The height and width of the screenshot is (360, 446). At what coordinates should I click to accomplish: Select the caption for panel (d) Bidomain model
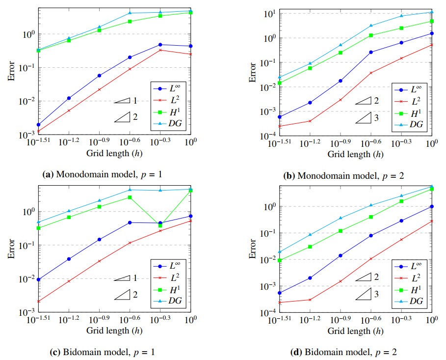coord(344,352)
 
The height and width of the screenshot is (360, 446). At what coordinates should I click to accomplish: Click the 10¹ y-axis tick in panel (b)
coord(268,13)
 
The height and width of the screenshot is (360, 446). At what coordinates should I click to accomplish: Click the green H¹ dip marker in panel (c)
coord(160,225)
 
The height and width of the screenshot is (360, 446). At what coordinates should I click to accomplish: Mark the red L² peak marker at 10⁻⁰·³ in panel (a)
coord(160,50)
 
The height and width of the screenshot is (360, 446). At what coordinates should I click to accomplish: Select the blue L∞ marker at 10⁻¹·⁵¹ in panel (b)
coord(279,117)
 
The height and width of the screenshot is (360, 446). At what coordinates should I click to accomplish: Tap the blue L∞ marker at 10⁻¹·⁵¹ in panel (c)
coord(38,279)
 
